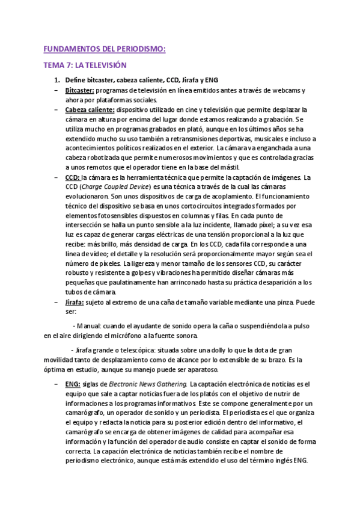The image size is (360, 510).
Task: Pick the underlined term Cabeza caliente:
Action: (x=90, y=109)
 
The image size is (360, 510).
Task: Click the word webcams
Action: (x=284, y=90)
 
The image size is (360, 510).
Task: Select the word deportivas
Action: (x=228, y=138)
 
